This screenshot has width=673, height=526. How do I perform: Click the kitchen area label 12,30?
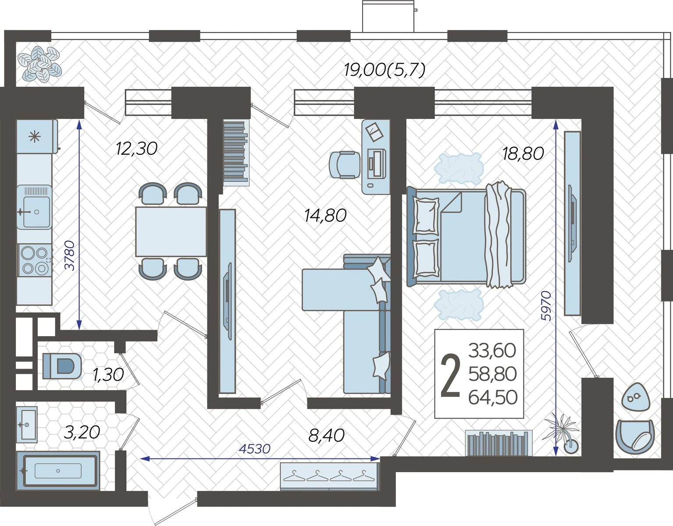(137, 149)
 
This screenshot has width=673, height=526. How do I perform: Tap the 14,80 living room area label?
(325, 216)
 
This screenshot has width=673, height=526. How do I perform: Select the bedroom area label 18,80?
(523, 153)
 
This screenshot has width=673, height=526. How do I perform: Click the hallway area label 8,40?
(327, 436)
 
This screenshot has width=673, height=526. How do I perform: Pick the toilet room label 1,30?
(108, 375)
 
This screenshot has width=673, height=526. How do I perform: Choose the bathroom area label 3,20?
(82, 432)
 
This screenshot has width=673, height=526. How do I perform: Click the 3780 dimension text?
(71, 256)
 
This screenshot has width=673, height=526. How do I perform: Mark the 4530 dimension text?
(255, 449)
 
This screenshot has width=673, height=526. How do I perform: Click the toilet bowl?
(62, 366)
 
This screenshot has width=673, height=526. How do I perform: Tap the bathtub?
(58, 471)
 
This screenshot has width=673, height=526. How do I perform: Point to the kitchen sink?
(34, 207)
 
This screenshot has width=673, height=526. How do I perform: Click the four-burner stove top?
(35, 260)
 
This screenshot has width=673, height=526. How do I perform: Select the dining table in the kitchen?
(171, 231)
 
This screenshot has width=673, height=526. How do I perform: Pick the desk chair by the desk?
(345, 165)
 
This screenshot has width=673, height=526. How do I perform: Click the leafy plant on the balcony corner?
(39, 64)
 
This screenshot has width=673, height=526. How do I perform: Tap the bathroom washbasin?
(27, 423)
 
